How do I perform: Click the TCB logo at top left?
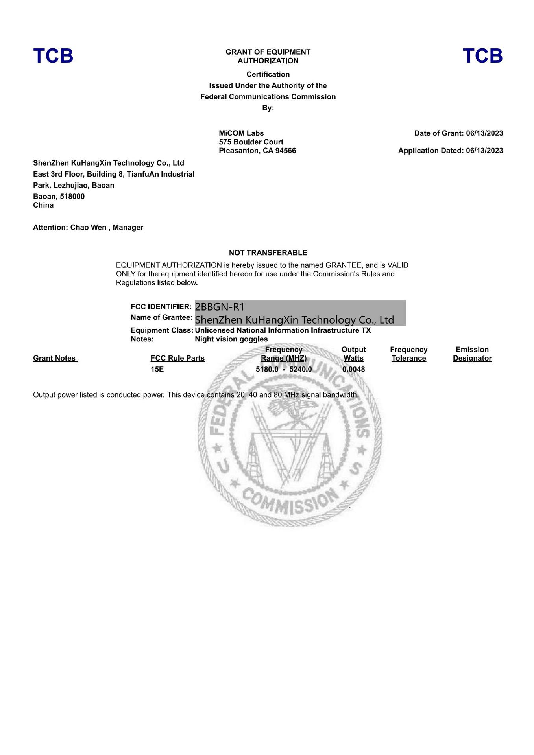(53, 56)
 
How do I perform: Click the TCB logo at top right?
(482, 56)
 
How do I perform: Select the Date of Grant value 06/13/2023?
(484, 133)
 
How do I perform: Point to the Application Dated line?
(450, 151)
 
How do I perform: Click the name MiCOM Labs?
(241, 133)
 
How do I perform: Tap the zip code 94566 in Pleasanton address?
(286, 151)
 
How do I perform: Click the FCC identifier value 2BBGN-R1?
(220, 307)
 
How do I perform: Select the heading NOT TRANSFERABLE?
(268, 253)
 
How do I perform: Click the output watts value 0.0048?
(353, 369)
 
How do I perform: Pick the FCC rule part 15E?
(157, 369)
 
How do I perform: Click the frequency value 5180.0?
(267, 369)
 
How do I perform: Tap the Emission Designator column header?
(472, 354)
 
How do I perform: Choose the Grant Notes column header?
(54, 358)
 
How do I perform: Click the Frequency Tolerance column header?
(408, 354)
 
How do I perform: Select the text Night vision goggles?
(231, 339)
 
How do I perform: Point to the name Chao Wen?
(88, 227)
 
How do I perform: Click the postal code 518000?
(72, 196)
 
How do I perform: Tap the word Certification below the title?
(268, 74)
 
